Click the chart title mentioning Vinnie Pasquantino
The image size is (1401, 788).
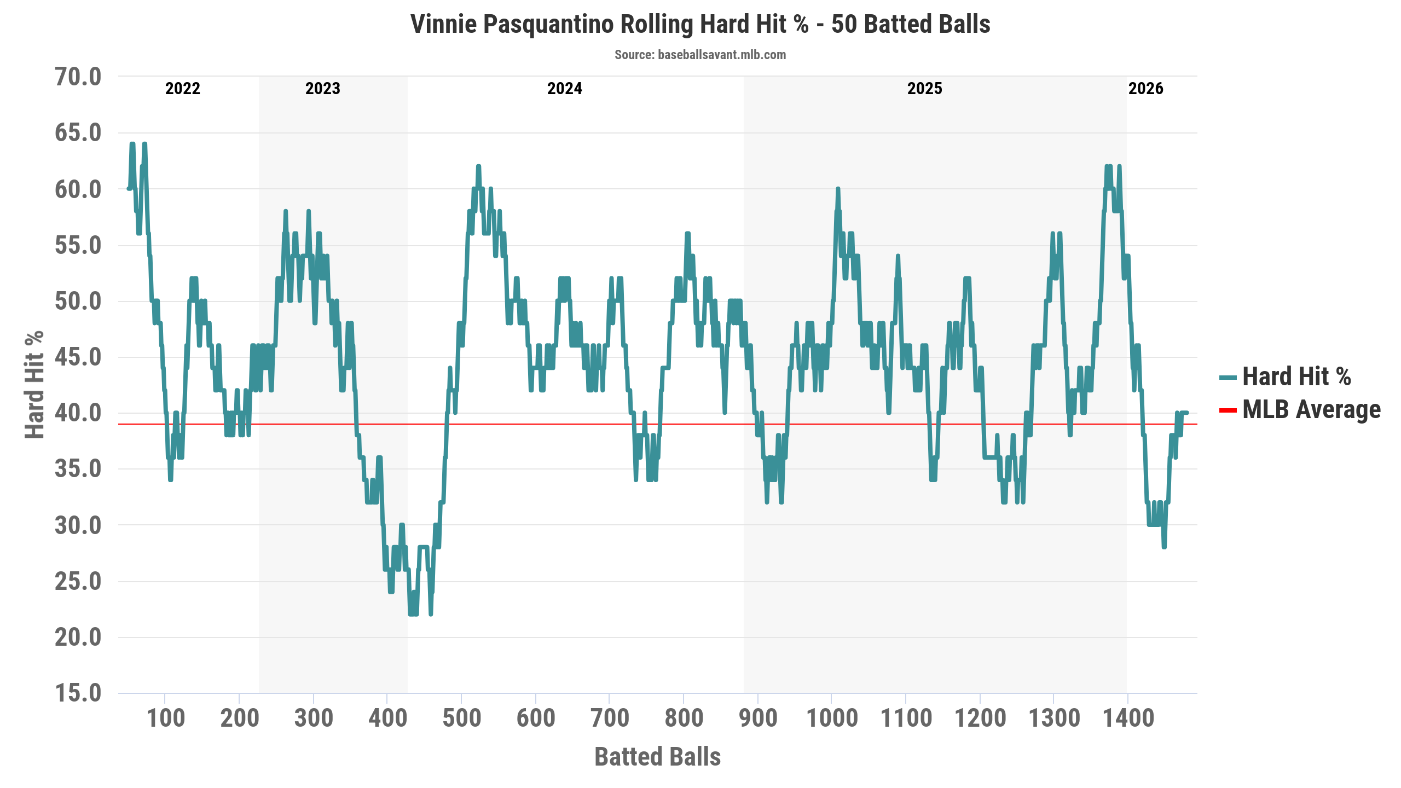click(x=700, y=25)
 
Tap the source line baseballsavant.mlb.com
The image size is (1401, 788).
click(x=700, y=55)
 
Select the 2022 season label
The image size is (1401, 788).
click(x=183, y=89)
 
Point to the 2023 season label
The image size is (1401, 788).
click(x=322, y=89)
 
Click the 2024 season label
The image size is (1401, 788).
click(x=564, y=89)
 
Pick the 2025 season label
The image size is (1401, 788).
click(x=924, y=89)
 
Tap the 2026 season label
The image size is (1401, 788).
click(x=1145, y=89)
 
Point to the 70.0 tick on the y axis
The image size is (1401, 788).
click(x=78, y=77)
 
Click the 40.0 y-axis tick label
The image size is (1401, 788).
click(x=78, y=413)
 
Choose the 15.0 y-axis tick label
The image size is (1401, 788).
click(x=78, y=693)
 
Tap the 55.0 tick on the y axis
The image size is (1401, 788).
click(x=78, y=245)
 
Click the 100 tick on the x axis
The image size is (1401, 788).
click(x=165, y=719)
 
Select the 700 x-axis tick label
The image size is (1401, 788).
click(x=610, y=719)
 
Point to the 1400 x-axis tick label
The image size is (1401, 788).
click(x=1128, y=719)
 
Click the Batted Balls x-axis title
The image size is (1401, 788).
click(x=657, y=757)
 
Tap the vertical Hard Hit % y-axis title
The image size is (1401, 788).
click(x=34, y=384)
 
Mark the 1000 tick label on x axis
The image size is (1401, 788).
click(x=832, y=719)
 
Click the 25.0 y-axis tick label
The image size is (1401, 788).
click(x=78, y=581)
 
